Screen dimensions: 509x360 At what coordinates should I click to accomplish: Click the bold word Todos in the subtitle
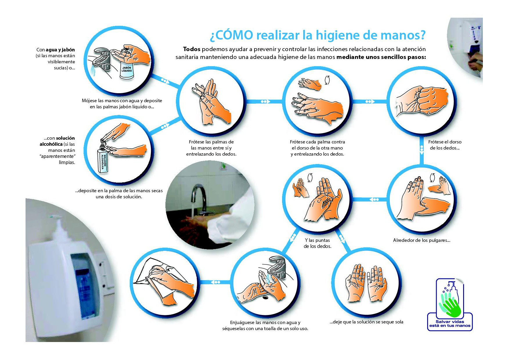pyautogui.click(x=192, y=49)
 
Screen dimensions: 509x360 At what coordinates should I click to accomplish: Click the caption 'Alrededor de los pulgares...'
pyautogui.click(x=422, y=240)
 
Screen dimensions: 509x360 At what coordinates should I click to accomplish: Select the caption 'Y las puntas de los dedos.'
pyautogui.click(x=317, y=243)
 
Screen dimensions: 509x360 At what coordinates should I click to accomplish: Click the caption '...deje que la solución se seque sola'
pyautogui.click(x=367, y=322)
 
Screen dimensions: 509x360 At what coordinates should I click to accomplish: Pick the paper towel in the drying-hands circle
pyautogui.click(x=157, y=279)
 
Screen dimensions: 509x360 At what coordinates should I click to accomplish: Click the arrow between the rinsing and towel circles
pyautogui.click(x=215, y=282)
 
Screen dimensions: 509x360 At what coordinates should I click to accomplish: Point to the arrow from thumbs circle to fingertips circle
pyautogui.click(x=374, y=199)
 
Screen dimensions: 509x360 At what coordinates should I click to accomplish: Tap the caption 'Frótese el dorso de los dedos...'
pyautogui.click(x=445, y=145)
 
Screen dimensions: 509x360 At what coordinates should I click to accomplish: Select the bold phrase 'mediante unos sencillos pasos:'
pyautogui.click(x=381, y=57)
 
